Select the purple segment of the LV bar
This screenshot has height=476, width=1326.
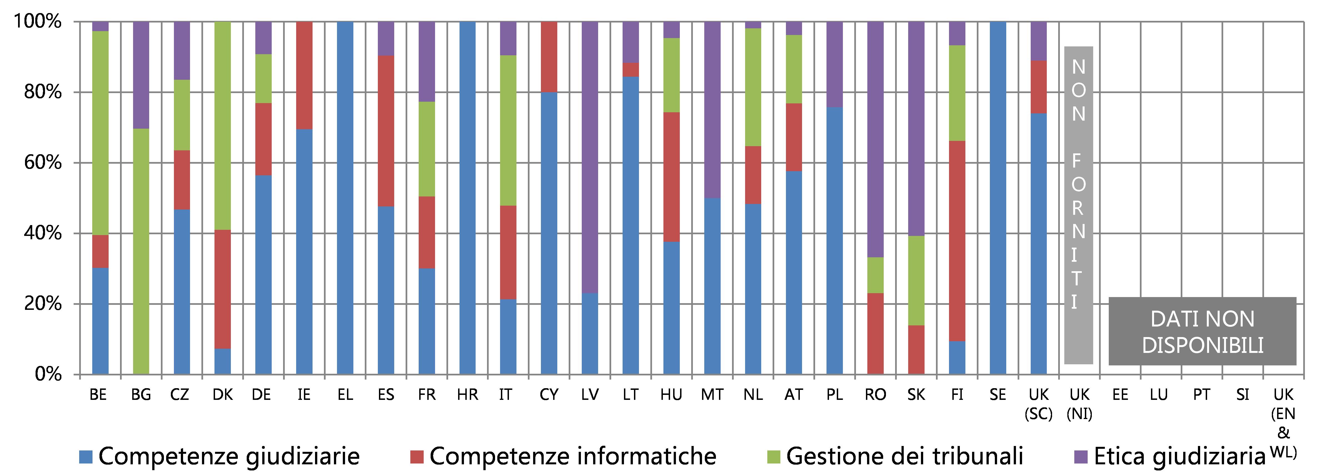590,157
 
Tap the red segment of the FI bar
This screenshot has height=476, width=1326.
957,241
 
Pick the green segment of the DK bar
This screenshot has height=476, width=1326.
222,126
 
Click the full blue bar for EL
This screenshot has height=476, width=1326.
345,198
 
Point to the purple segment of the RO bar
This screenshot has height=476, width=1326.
875,139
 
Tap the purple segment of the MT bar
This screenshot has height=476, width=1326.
712,109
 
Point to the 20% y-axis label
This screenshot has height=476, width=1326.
43,304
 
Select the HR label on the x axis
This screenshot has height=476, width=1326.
467,395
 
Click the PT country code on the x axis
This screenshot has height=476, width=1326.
1202,395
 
